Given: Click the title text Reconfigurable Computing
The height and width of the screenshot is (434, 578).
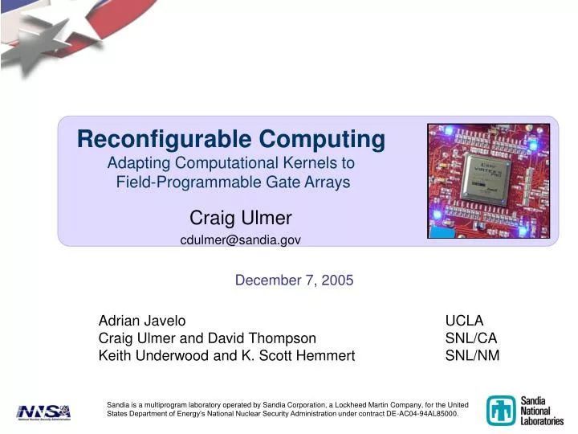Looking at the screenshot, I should (x=231, y=139).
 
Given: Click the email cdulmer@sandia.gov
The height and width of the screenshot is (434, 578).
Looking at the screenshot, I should (x=240, y=240).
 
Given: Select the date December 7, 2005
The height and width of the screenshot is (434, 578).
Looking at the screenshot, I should (x=294, y=280).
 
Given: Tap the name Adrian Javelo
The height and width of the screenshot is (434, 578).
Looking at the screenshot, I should (x=141, y=320).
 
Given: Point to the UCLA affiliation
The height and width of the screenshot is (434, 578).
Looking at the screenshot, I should (x=464, y=320).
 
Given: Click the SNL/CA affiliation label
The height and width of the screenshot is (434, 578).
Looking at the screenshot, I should (x=471, y=338).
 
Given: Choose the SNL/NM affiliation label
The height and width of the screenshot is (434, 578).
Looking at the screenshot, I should (x=472, y=355).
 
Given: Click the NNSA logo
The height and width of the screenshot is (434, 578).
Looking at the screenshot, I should (x=44, y=411).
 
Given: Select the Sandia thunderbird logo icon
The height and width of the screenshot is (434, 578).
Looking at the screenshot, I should (x=502, y=410).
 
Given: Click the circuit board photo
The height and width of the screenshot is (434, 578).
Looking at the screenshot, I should (x=488, y=181).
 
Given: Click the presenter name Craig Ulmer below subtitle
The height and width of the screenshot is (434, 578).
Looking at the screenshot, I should (x=240, y=217).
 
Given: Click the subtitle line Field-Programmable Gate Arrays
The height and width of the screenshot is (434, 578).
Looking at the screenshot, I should (x=233, y=182).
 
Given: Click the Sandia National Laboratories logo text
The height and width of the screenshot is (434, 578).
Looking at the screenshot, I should (x=543, y=410).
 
